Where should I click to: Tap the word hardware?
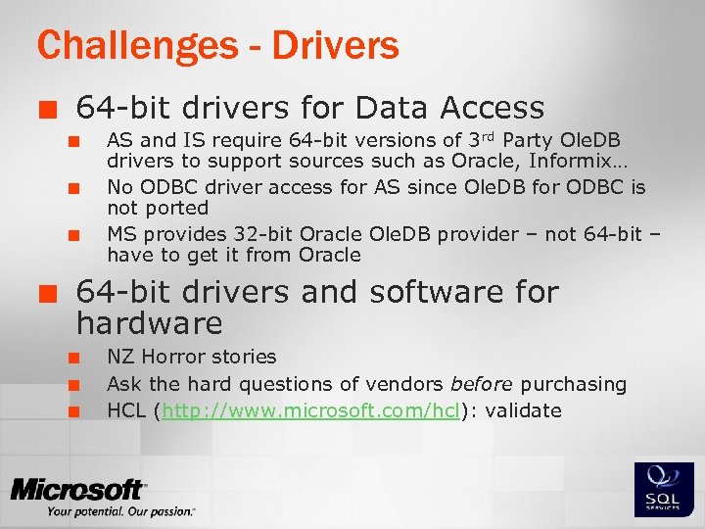pos(149,323)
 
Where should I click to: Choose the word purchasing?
pos(573,384)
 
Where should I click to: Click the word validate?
pos(523,410)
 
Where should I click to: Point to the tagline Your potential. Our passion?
pos(120,510)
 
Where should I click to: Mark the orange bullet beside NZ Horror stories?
pos(72,358)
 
